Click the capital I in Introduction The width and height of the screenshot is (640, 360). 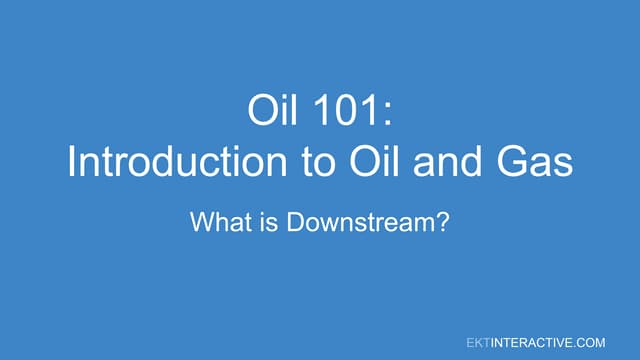(x=72, y=162)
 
